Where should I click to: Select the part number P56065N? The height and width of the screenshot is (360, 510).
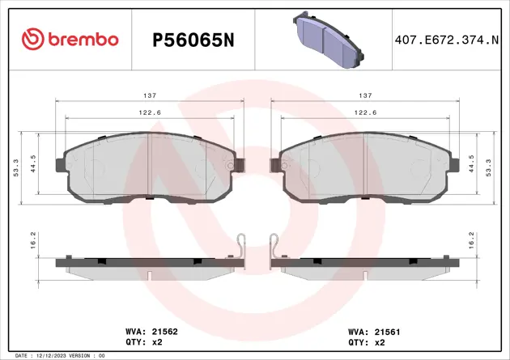pyautogui.click(x=193, y=40)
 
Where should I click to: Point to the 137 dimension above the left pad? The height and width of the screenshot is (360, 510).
pyautogui.click(x=150, y=94)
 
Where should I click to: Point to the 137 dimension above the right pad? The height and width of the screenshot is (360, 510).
pyautogui.click(x=365, y=94)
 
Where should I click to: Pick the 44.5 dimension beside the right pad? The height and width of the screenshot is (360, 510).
pyautogui.click(x=472, y=165)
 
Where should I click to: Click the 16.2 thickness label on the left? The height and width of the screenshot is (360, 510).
pyautogui.click(x=32, y=240)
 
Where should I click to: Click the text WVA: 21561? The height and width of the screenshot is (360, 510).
pyautogui.click(x=375, y=331)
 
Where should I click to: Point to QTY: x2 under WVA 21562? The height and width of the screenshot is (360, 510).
pyautogui.click(x=143, y=342)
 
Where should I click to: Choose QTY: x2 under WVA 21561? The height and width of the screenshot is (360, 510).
pyautogui.click(x=366, y=342)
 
